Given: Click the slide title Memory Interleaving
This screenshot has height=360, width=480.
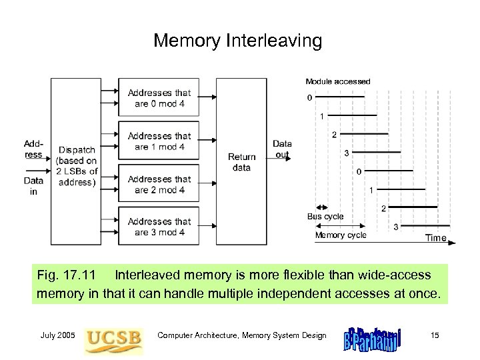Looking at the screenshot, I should coord(237,41).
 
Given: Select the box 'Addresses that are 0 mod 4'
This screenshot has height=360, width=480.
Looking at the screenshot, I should coord(159,98).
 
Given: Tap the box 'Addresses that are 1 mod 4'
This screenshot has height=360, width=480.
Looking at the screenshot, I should coord(159,141).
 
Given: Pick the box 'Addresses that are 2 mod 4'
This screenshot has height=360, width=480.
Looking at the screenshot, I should coord(159,184).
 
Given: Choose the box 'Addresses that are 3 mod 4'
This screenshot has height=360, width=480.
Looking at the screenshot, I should coord(159,227).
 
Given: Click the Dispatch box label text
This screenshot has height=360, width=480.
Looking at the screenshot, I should coord(77,165).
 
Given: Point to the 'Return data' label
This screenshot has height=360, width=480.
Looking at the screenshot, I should coord(241,162).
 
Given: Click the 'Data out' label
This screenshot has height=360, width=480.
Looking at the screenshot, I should coord(282,149).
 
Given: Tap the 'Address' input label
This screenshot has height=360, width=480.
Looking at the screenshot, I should coord(33,149).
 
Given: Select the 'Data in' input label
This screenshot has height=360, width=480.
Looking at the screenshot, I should coord(33,185).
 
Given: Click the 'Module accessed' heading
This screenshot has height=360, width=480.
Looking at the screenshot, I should coord(337,81).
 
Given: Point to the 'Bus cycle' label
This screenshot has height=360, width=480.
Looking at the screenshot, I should coord(325,216).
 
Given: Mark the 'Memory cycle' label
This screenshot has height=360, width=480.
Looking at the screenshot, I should coord(340,235).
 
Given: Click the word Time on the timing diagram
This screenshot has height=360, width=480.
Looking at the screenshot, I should coord(436,237).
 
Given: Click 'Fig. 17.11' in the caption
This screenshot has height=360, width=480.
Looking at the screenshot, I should coord(67,275).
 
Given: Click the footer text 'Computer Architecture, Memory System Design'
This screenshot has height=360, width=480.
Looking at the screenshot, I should coord(241,335).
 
